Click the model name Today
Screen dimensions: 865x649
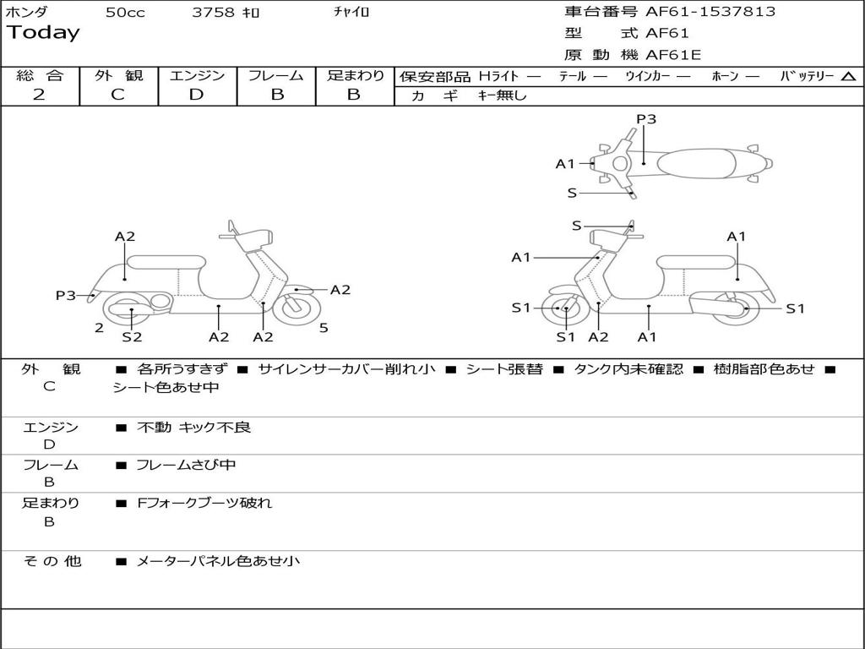click(x=43, y=33)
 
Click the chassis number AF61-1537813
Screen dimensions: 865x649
click(x=710, y=12)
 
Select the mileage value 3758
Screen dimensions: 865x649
click(x=213, y=12)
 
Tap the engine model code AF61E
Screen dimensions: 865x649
click(x=673, y=55)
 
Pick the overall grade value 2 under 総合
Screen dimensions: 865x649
click(x=39, y=95)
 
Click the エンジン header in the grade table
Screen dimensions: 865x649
click(x=197, y=75)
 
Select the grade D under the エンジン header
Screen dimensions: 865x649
click(x=196, y=95)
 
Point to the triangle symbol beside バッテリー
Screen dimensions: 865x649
click(x=848, y=76)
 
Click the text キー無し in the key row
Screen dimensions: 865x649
click(x=502, y=95)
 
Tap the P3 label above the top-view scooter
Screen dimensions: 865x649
click(x=646, y=118)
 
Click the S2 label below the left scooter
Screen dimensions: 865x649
click(x=132, y=336)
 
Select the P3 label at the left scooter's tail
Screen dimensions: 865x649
click(x=66, y=295)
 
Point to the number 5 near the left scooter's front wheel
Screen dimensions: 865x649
click(x=324, y=328)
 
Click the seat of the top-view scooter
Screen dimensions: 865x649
click(x=696, y=164)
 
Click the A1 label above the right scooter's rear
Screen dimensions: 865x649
click(x=736, y=237)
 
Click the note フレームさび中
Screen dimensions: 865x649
click(x=186, y=466)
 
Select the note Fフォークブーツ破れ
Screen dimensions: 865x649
click(x=204, y=503)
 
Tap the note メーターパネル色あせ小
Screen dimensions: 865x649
click(x=218, y=561)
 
